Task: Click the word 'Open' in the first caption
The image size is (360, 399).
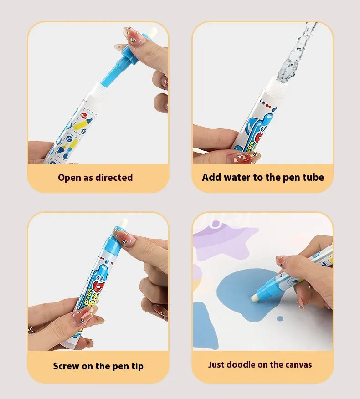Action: [x=69, y=178]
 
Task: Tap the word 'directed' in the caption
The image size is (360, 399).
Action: [x=114, y=178]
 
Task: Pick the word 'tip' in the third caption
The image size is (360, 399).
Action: [x=137, y=366]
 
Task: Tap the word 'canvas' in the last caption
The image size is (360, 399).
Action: [x=298, y=364]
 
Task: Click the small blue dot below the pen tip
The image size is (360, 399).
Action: [x=280, y=317]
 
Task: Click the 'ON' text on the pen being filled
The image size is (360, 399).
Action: [x=263, y=102]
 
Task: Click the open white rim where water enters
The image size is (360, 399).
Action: [x=279, y=82]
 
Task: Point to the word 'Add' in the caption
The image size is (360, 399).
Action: [x=211, y=178]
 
